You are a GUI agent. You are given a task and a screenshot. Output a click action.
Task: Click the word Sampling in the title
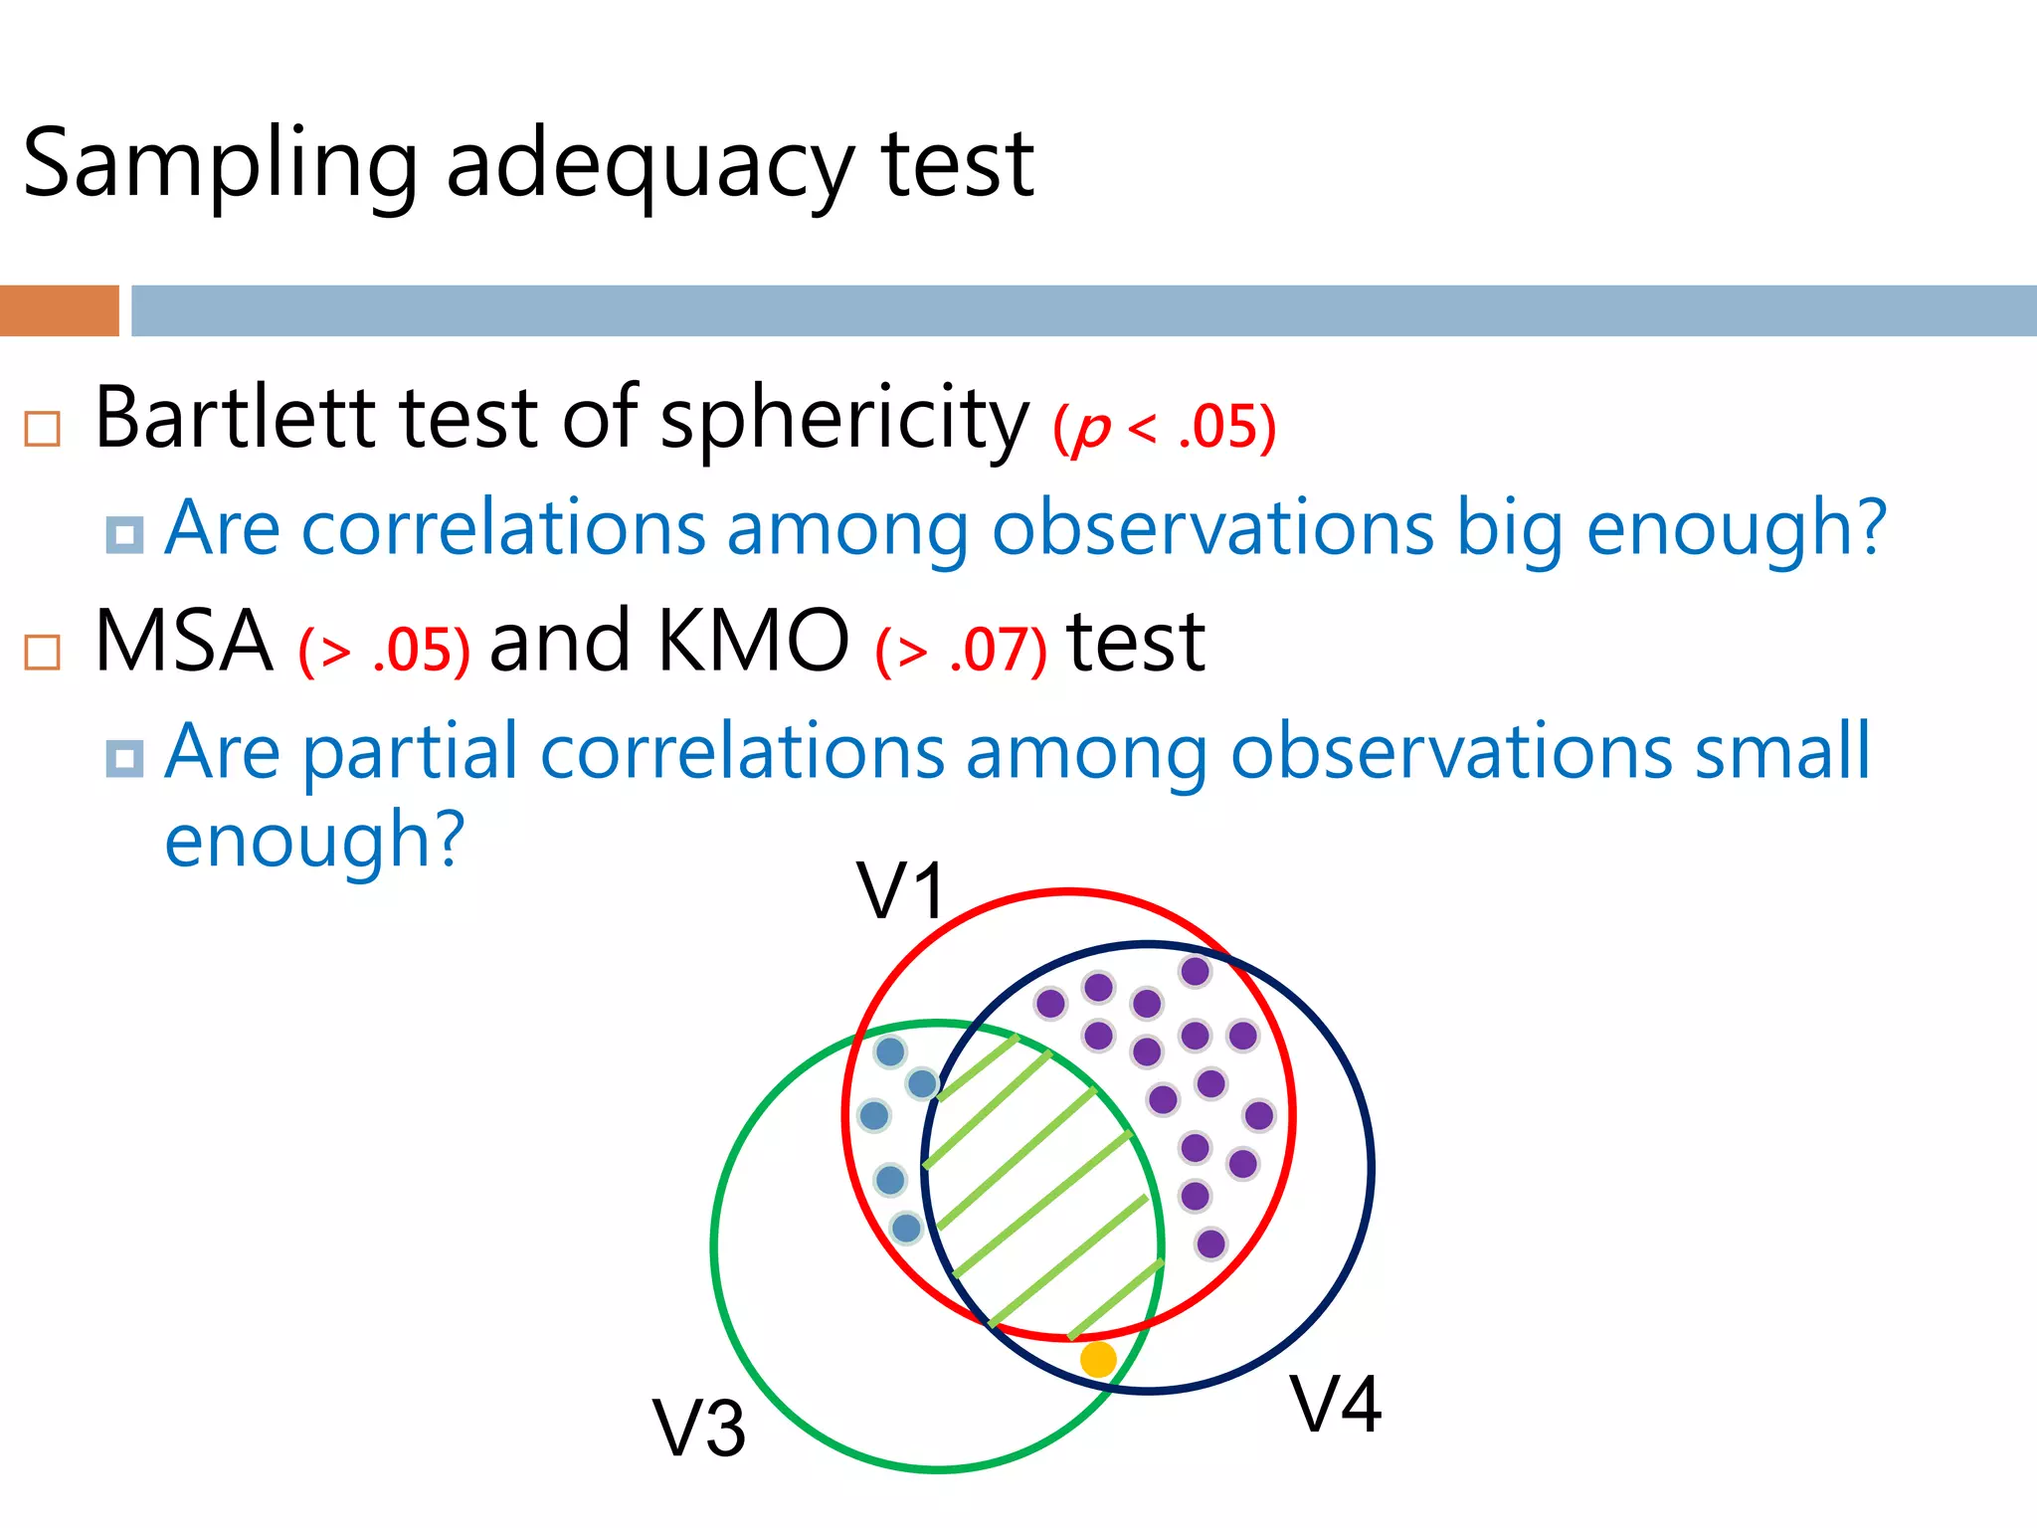[219, 164]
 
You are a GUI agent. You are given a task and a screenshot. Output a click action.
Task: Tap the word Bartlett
[234, 418]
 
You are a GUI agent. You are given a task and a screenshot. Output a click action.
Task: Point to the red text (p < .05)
[1164, 428]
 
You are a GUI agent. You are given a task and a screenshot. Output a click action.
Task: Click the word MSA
[184, 642]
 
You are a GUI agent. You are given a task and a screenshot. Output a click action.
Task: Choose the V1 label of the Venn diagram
[901, 890]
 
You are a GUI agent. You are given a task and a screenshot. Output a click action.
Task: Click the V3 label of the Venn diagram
[699, 1429]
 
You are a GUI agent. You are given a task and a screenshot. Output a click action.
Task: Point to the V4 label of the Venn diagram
[1336, 1404]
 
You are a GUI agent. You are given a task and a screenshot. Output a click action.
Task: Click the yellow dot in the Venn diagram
[1098, 1358]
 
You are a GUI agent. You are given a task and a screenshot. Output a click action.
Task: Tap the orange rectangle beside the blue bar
[60, 310]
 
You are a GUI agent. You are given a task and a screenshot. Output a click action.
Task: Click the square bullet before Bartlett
[43, 429]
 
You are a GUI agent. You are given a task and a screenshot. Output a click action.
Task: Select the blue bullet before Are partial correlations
[124, 758]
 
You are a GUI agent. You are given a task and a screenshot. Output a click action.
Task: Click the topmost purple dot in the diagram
[1195, 971]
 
